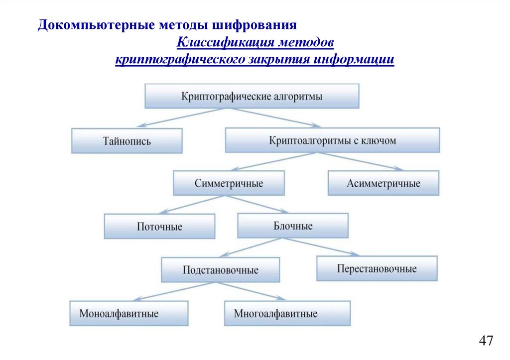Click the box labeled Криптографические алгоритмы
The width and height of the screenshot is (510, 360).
[252, 96]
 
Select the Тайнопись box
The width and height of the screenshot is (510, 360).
[127, 141]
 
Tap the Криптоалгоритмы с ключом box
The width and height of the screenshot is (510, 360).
[332, 140]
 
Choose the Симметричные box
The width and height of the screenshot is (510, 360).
[229, 183]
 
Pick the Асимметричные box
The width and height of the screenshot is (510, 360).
[383, 183]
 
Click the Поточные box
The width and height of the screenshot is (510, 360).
[159, 227]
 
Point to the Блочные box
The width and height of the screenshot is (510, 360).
[293, 226]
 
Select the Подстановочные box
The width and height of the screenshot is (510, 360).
[220, 270]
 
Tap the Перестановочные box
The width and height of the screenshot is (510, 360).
[377, 269]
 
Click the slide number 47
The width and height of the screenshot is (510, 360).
[486, 341]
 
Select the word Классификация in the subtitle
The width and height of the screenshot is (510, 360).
[224, 43]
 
